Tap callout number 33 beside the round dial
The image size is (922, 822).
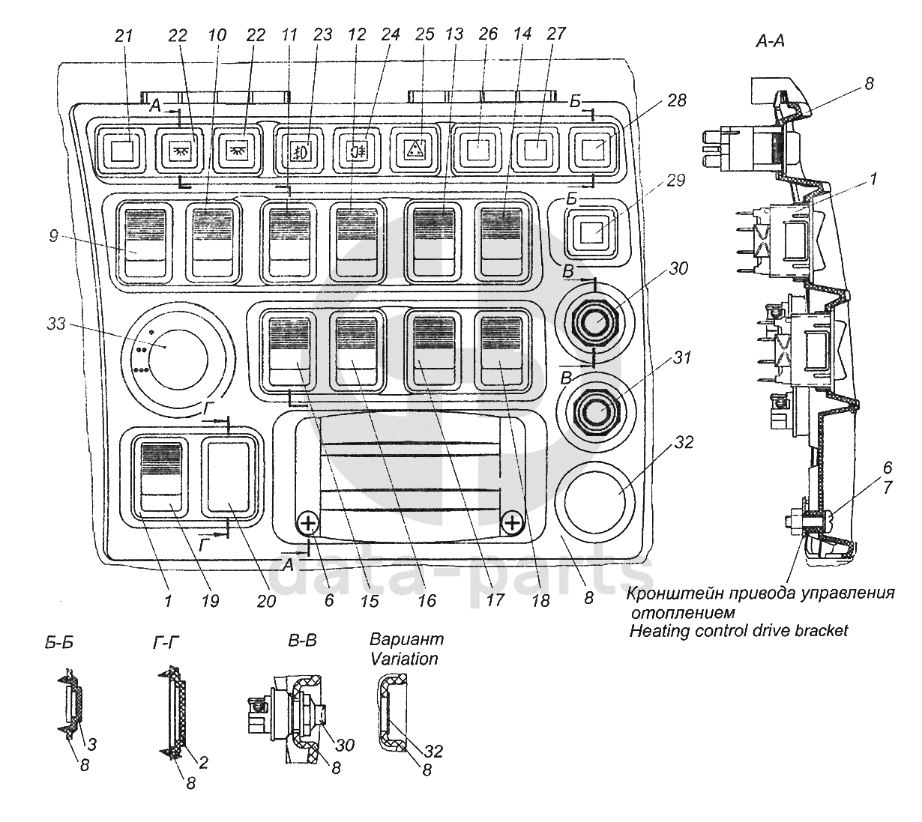pyautogui.click(x=58, y=324)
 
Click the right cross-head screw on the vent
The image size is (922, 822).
pyautogui.click(x=512, y=522)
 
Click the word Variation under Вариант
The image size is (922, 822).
pyautogui.click(x=403, y=659)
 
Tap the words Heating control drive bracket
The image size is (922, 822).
pyautogui.click(x=738, y=631)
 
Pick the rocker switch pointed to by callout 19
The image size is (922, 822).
pyautogui.click(x=162, y=477)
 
